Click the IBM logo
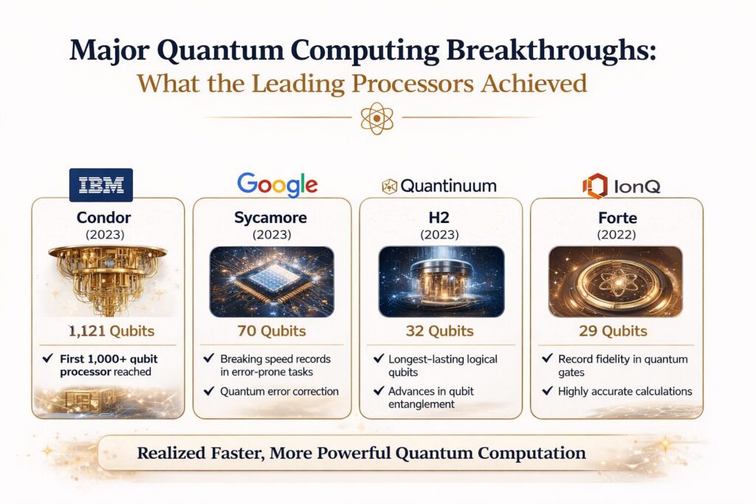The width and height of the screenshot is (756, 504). point(101,184)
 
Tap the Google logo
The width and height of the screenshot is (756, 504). point(278,184)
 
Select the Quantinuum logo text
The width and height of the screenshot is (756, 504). point(448,185)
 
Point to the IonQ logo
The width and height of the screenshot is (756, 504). point(622,186)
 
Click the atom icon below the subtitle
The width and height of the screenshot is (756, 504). point(377,118)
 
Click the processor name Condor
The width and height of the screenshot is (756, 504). point(103,217)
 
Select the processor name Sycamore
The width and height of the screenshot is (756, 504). point(270,218)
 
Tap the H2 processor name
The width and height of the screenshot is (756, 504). point(439,217)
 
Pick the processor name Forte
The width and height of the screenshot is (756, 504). point(618,218)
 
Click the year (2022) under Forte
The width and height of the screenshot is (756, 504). point(616,235)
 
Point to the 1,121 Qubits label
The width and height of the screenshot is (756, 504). point(111,331)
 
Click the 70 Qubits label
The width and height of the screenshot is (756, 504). point(272,331)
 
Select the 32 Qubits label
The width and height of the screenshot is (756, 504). point(440,331)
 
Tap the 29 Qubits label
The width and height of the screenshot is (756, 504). point(614,331)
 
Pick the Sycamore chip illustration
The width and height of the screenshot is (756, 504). point(272,282)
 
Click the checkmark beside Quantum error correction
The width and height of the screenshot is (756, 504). point(209,391)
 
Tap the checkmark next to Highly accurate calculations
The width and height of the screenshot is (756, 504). point(547,391)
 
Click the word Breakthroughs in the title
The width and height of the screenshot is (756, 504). point(551,51)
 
